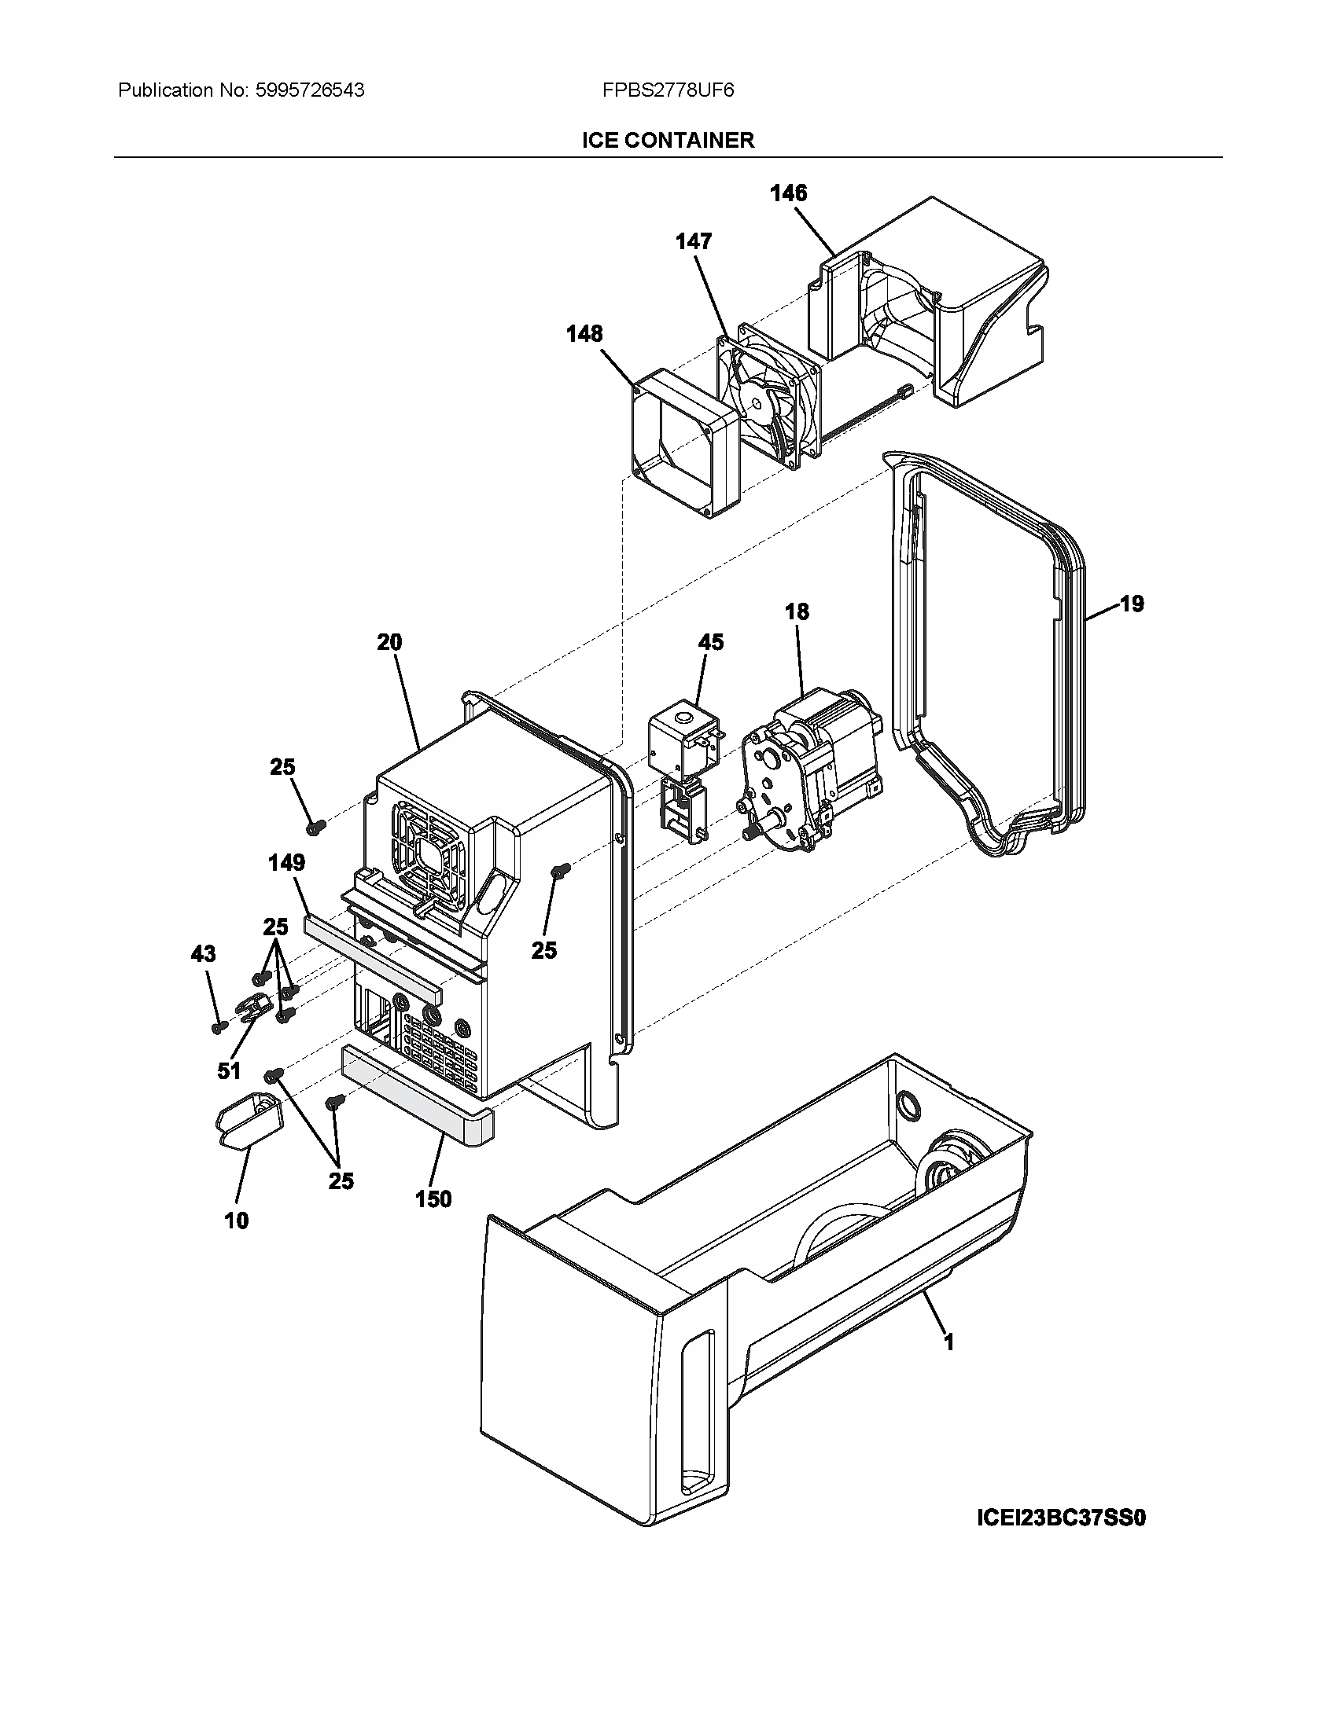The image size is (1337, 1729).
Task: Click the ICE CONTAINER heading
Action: point(668,140)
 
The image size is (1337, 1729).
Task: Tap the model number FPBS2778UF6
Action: point(668,90)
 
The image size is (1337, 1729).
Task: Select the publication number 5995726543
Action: point(310,90)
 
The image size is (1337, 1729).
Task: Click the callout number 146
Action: point(789,193)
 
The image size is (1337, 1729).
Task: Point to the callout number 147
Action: point(694,241)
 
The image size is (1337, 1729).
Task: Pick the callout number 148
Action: point(584,334)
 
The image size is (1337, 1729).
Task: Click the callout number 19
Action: point(1132,604)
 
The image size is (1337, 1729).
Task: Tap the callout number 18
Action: point(797,611)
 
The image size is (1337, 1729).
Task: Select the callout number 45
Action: point(710,642)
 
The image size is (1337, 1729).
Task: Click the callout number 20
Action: point(389,642)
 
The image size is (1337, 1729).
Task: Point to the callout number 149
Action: point(287,862)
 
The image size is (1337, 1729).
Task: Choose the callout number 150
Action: point(433,1199)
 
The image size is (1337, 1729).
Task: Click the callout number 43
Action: point(203,954)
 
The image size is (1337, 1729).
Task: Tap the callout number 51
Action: point(229,1071)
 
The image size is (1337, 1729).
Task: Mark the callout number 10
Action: point(236,1221)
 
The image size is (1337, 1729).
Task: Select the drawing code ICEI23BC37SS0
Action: point(1062,1518)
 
